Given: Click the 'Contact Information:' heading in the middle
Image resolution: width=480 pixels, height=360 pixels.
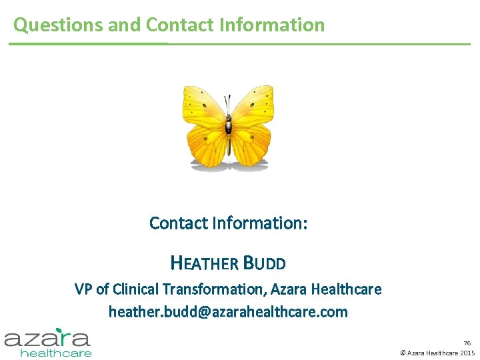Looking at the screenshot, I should click(228, 223).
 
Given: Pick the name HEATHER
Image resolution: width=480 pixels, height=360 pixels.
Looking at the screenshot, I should click(204, 263).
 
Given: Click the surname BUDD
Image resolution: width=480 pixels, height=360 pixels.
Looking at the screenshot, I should click(265, 263).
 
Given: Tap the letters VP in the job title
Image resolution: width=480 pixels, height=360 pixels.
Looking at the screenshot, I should click(83, 289).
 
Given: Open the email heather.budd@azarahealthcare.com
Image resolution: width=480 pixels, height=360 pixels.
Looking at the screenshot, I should click(228, 311).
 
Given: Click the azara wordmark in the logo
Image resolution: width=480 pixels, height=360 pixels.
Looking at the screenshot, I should click(47, 338).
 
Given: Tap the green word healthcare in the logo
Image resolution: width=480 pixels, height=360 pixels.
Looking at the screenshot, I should click(56, 352).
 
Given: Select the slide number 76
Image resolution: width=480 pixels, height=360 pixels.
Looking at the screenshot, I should click(467, 343).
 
